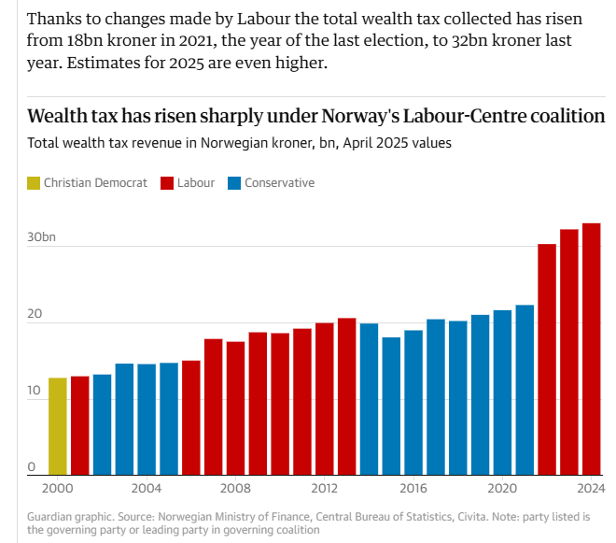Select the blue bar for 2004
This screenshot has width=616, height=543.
[147, 420]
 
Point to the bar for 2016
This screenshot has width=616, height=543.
[413, 403]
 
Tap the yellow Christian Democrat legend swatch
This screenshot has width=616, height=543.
[34, 183]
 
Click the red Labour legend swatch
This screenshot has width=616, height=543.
[168, 183]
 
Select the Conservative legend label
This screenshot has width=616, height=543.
[279, 183]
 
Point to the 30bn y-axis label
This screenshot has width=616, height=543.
[42, 238]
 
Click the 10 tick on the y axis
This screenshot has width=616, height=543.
[34, 391]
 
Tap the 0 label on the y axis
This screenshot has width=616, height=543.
[31, 467]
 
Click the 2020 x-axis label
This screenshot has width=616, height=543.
[502, 489]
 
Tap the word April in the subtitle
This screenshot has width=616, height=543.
[363, 144]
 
